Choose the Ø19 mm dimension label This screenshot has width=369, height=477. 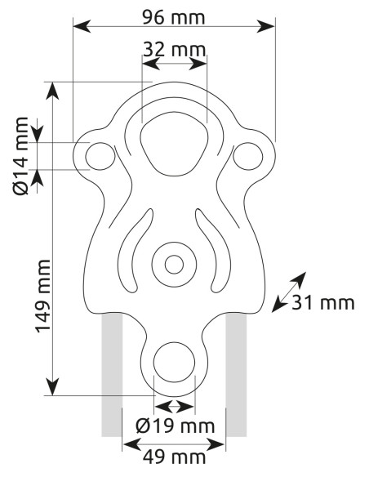click(x=176, y=426)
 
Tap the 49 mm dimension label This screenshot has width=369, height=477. click(x=174, y=459)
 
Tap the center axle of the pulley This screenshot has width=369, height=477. click(x=174, y=264)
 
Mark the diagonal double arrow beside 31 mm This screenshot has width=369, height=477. click(x=289, y=292)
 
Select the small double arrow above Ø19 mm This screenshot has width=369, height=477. click(x=174, y=407)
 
